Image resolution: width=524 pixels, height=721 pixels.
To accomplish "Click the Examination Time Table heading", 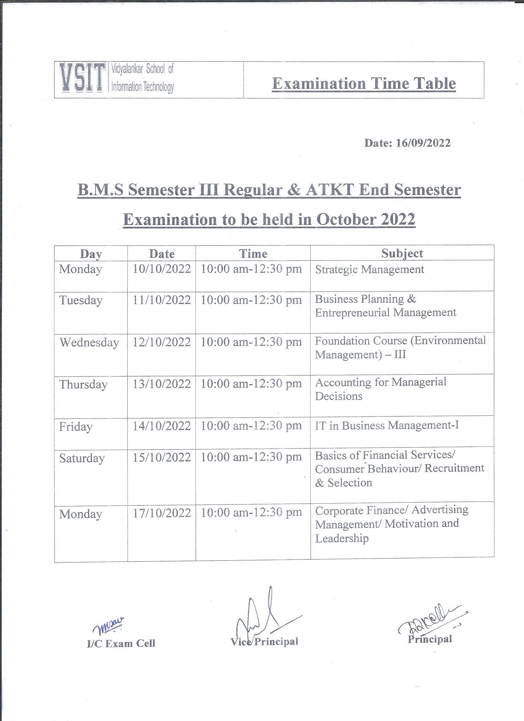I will (364, 84).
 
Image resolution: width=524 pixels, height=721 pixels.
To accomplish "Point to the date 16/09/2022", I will (423, 143).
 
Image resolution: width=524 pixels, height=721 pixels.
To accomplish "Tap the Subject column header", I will (402, 253).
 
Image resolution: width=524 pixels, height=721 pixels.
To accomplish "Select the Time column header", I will (253, 254).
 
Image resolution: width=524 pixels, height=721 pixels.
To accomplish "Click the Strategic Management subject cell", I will (369, 270).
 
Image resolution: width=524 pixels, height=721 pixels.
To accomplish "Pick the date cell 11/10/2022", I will (162, 300).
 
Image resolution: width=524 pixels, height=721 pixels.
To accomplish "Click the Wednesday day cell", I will (89, 342).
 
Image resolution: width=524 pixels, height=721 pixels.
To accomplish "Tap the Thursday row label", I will (83, 384).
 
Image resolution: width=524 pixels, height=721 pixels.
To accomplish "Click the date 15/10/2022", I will (162, 457).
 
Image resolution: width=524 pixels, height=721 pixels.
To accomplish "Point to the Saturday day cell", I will (82, 458).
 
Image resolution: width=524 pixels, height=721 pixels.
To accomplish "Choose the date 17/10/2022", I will (162, 513).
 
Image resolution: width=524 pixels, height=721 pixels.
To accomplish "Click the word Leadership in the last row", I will (342, 538).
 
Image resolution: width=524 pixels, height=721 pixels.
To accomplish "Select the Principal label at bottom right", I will (430, 639).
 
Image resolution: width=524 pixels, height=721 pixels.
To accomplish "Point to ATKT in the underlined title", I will (330, 190).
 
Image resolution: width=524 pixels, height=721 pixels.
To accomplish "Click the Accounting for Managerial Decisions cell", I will (380, 389).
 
